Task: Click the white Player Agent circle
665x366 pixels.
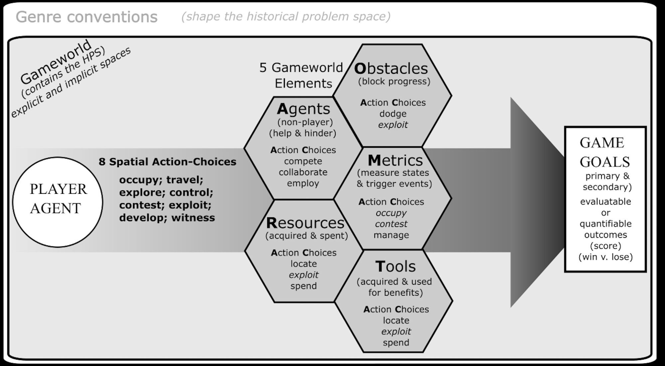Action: tap(58, 202)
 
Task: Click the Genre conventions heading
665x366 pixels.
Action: tap(86, 17)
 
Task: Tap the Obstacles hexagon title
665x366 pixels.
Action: tap(391, 68)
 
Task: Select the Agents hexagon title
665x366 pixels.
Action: tap(303, 109)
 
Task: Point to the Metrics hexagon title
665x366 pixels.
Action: tap(395, 161)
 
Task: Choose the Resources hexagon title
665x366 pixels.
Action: tap(305, 223)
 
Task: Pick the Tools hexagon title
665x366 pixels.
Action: tap(396, 266)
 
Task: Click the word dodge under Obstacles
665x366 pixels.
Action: tap(393, 114)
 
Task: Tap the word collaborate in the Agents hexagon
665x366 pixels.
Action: tap(303, 172)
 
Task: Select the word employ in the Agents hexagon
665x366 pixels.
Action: tap(303, 183)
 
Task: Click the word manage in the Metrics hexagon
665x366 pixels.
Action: tap(391, 235)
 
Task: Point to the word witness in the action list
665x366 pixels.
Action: tap(193, 218)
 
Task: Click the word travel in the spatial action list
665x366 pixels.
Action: tap(185, 180)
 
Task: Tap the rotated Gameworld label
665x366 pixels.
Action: tap(56, 62)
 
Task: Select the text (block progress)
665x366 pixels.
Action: tap(394, 81)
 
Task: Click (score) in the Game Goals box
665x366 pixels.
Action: tap(605, 246)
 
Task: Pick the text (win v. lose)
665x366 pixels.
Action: tap(605, 257)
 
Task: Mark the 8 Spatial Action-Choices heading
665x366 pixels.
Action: tap(167, 162)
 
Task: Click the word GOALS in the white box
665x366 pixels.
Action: tap(605, 162)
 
